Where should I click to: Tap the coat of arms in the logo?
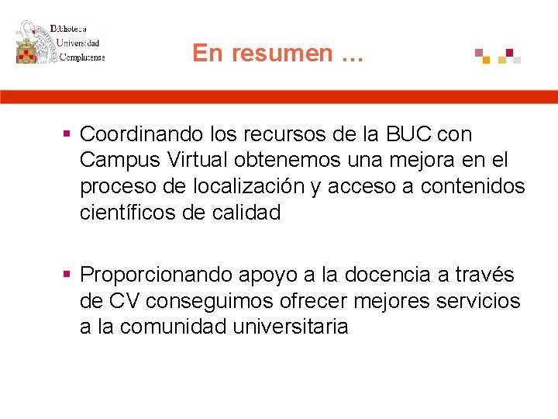32,43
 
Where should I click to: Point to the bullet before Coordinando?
68,134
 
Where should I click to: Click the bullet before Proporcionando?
68,274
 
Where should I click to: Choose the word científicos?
129,212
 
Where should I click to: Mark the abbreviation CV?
124,300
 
